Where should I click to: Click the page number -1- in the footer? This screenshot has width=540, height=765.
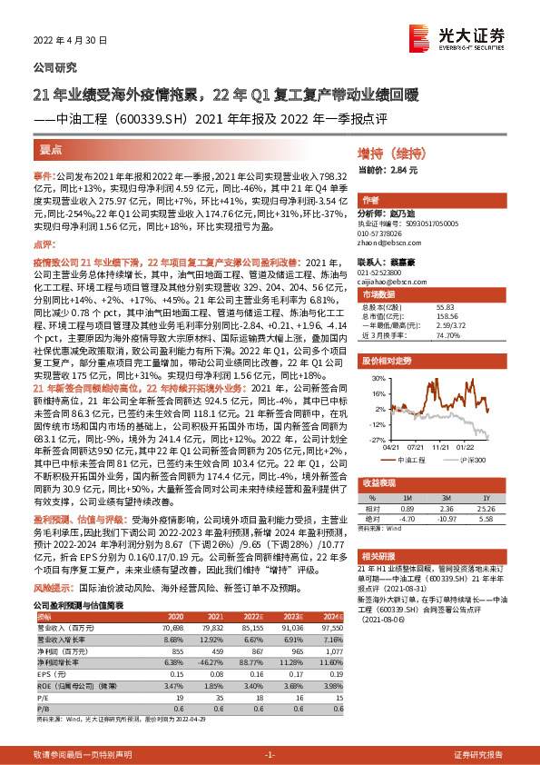click(270, 755)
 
